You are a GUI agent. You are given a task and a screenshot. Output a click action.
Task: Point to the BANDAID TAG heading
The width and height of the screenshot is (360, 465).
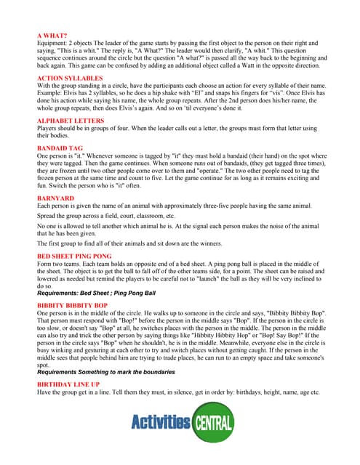(x=60, y=147)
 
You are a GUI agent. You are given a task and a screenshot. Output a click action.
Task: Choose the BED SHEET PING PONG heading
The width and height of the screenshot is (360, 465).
(x=74, y=256)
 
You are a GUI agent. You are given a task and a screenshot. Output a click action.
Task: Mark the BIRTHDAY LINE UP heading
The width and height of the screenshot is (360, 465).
(x=68, y=383)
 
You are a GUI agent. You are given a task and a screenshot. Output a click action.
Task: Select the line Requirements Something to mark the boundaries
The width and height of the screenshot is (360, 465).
(x=105, y=371)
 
